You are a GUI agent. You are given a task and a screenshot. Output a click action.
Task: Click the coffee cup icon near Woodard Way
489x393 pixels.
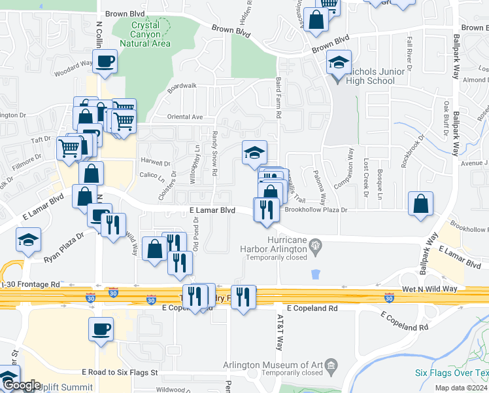tap(105, 62)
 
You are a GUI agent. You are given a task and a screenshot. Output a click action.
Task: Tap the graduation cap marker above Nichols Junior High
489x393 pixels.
tap(339, 63)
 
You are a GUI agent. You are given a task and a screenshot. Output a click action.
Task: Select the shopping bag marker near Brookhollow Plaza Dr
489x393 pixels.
tap(420, 203)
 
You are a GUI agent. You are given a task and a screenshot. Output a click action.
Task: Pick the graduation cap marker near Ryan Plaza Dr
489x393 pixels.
tap(28, 240)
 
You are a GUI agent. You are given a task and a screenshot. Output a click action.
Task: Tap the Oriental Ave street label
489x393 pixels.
tap(186, 117)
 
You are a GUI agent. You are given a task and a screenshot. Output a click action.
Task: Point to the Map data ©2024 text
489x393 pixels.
tap(461, 388)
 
